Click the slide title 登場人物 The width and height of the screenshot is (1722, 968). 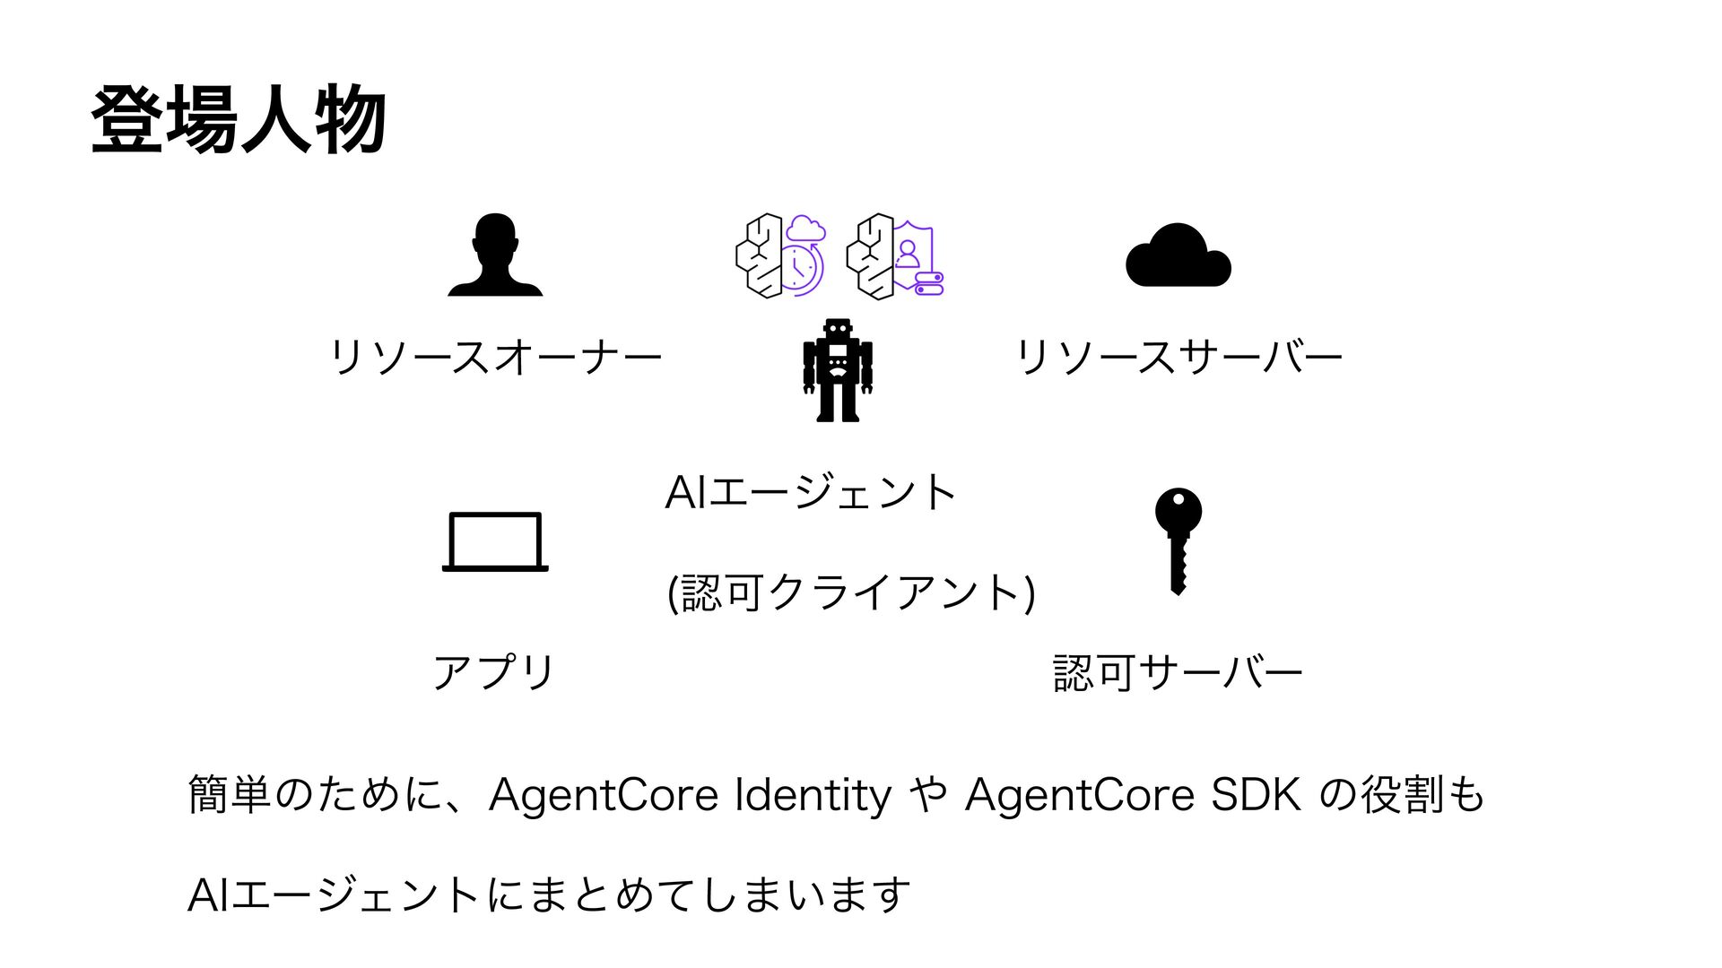[239, 119]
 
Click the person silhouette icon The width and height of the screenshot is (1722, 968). [495, 255]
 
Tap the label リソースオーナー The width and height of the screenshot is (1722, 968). [496, 357]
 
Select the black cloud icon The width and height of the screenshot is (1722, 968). [1178, 256]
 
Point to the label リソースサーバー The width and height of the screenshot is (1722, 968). [1178, 357]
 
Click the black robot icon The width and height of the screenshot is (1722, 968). [838, 370]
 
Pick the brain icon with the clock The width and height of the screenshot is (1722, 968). [780, 256]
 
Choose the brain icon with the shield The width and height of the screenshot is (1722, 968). [894, 256]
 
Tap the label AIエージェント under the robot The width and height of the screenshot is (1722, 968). [811, 492]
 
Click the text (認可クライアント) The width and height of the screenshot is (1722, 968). [851, 592]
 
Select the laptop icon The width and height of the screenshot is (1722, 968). [495, 541]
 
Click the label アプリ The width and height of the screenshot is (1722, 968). [494, 672]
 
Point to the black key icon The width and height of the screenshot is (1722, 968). [1178, 540]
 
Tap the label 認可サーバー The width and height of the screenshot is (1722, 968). [1178, 672]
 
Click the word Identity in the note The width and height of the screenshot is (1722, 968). [813, 794]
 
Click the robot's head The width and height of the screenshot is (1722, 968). [838, 329]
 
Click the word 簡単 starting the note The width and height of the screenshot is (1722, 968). [230, 794]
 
